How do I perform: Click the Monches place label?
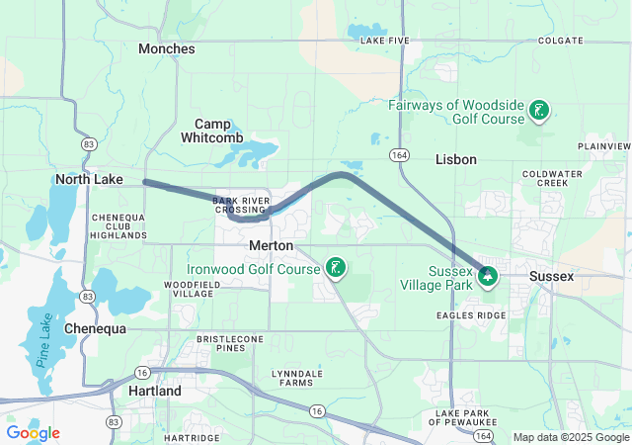click(166, 47)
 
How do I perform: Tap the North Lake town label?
click(89, 179)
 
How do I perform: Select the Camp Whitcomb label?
click(212, 131)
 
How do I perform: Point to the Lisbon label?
click(456, 159)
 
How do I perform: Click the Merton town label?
click(270, 244)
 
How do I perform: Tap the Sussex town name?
click(551, 276)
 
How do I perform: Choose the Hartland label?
click(155, 392)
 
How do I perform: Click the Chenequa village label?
click(97, 327)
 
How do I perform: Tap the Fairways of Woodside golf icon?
click(538, 111)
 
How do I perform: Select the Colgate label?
click(560, 41)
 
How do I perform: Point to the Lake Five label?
click(384, 41)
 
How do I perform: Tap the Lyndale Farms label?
click(295, 378)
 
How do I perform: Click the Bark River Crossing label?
click(240, 205)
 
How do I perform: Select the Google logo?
click(33, 433)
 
